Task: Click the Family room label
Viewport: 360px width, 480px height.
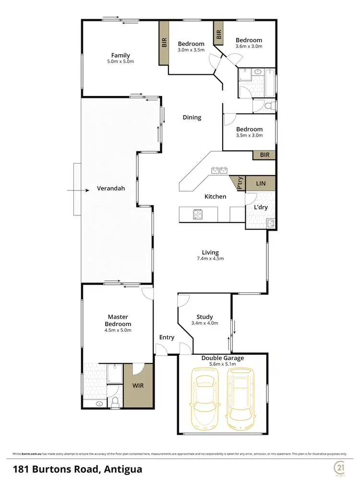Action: tap(120, 55)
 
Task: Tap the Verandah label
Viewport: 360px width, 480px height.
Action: tap(110, 188)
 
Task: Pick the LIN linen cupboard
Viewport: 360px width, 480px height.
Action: tap(261, 183)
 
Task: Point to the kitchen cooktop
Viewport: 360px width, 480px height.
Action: tap(198, 214)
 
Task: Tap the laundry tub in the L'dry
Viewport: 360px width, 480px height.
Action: tap(270, 222)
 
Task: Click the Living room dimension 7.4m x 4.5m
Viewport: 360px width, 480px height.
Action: tap(210, 258)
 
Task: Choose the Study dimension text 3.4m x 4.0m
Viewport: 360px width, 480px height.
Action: tap(205, 323)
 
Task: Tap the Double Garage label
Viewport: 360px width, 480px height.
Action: tap(222, 358)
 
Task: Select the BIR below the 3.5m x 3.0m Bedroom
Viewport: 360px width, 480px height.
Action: tap(264, 155)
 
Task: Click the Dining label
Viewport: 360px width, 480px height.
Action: tap(192, 117)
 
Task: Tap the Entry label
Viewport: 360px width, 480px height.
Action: tap(167, 338)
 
